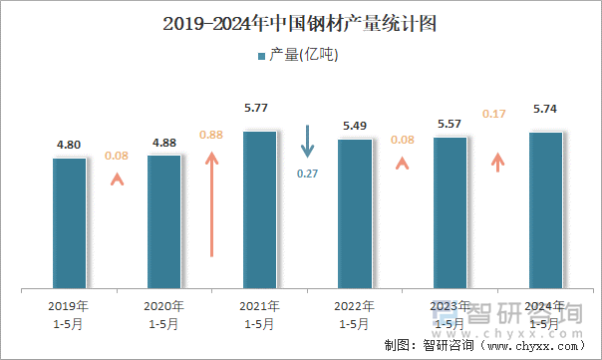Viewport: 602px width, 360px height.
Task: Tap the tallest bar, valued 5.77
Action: click(259, 210)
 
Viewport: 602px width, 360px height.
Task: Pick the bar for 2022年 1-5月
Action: click(355, 214)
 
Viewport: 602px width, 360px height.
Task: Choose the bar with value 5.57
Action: click(450, 213)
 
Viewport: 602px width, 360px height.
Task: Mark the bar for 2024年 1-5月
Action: click(545, 211)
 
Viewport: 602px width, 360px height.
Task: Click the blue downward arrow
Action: click(308, 142)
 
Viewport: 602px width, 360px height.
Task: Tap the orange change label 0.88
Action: click(211, 135)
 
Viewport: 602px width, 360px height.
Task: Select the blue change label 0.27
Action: click(308, 174)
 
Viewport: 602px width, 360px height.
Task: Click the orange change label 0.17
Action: click(493, 115)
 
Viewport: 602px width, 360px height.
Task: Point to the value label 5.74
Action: click(545, 110)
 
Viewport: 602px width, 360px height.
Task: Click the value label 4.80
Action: click(69, 145)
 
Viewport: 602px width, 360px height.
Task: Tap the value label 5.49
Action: click(355, 126)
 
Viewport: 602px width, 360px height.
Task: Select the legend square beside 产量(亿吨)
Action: click(262, 56)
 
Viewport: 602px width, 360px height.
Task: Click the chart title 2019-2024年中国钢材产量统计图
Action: click(301, 21)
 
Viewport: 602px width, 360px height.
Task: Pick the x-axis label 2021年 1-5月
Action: click(259, 314)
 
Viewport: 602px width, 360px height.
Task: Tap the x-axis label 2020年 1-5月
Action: click(164, 314)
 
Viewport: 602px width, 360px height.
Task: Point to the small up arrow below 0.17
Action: click(497, 162)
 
